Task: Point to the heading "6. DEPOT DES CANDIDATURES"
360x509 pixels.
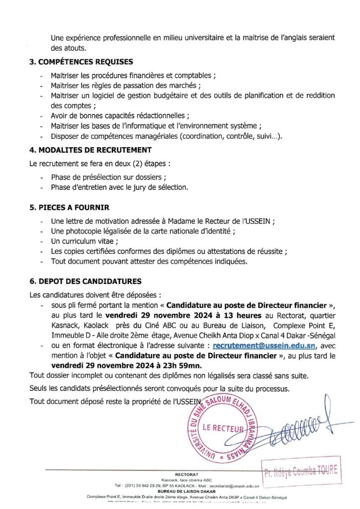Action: tap(86, 281)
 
